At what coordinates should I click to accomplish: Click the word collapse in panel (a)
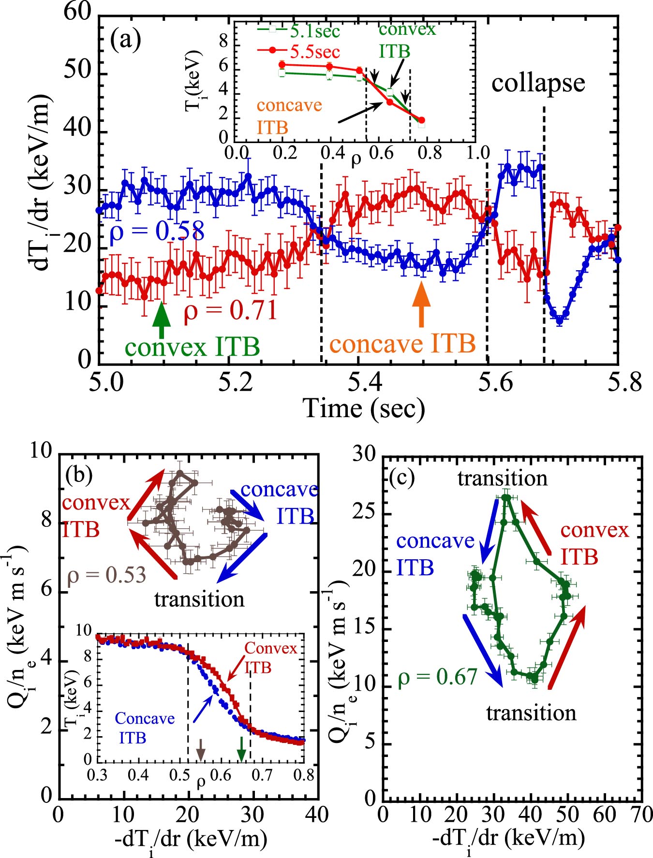[x=538, y=83]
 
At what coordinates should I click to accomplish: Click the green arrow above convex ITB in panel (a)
[x=162, y=320]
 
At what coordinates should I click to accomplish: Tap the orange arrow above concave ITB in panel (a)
[x=421, y=304]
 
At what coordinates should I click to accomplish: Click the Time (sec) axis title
[x=364, y=408]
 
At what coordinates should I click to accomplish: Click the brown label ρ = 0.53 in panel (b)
[x=106, y=575]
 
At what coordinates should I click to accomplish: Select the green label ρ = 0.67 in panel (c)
[x=438, y=677]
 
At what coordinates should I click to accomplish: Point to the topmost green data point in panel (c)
[x=506, y=497]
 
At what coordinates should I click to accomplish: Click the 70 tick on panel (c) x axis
[x=642, y=814]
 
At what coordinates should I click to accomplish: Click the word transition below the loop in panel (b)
[x=199, y=599]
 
